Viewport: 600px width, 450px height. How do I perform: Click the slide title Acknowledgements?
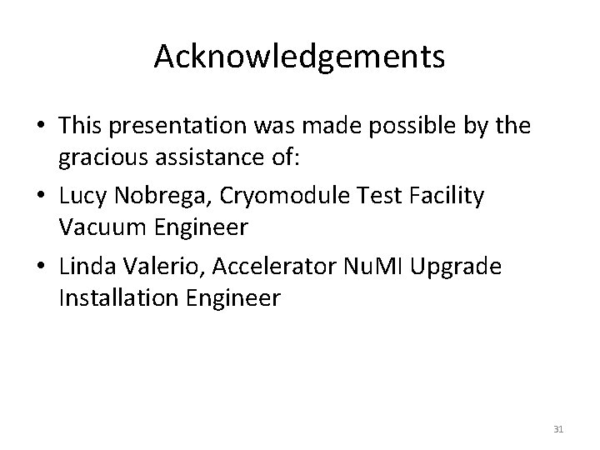[299, 57]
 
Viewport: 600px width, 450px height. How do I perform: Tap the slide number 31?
[559, 429]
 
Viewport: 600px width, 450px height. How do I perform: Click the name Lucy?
[82, 197]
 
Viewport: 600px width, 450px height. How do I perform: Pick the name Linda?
[87, 267]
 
